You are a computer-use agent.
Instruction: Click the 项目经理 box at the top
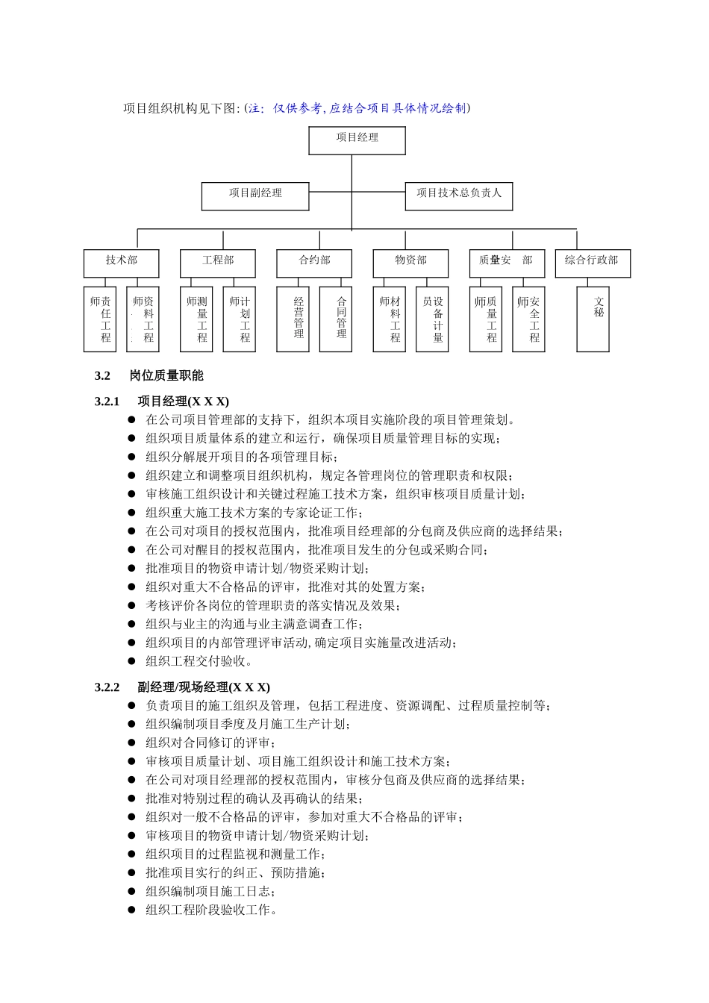click(x=357, y=140)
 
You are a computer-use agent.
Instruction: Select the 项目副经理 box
click(x=255, y=196)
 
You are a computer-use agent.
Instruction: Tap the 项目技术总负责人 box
click(x=458, y=196)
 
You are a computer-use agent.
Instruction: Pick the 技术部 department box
click(x=121, y=263)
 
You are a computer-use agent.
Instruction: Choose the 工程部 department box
click(x=217, y=263)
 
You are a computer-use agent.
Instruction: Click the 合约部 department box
click(x=314, y=263)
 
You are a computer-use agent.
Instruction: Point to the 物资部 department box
click(x=410, y=263)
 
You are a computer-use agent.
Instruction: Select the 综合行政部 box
click(x=592, y=263)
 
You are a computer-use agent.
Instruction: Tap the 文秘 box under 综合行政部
click(x=593, y=319)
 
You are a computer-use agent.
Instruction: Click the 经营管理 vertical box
click(x=293, y=319)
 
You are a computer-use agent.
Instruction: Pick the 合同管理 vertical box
click(x=335, y=319)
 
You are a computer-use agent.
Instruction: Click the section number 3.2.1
click(x=107, y=401)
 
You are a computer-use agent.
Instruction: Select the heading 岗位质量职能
click(x=166, y=375)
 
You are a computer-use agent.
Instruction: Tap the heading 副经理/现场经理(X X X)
click(x=204, y=687)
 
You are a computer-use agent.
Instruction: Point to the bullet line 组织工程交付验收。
click(x=200, y=661)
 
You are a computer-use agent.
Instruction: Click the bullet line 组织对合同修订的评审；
click(x=210, y=743)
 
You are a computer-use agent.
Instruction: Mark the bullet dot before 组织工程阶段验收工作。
click(x=131, y=910)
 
